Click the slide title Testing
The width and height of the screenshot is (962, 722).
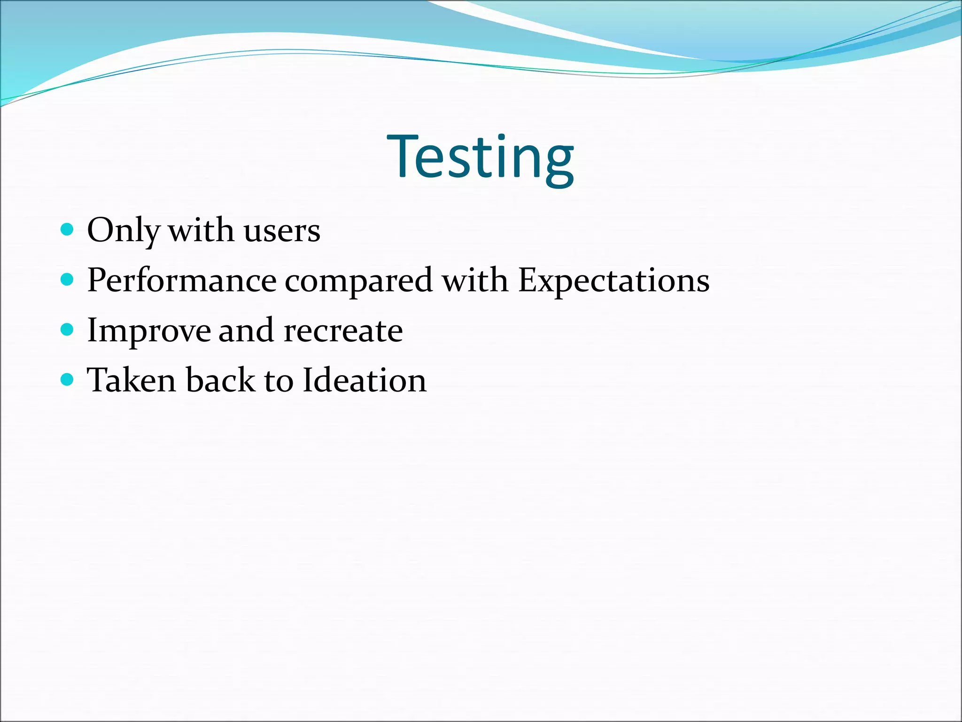(480, 157)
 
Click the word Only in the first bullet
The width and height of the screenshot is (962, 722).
(123, 231)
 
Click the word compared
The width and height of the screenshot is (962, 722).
(358, 281)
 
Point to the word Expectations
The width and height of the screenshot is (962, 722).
(613, 281)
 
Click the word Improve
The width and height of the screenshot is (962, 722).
(148, 331)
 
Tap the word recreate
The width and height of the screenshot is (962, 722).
(343, 331)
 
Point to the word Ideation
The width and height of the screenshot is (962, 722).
(365, 380)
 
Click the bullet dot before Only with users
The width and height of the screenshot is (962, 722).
(68, 229)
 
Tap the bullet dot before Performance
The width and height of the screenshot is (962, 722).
(68, 280)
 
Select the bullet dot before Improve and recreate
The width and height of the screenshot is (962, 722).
(68, 330)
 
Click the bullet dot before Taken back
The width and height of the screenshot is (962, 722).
(68, 379)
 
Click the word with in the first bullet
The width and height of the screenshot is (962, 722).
(201, 231)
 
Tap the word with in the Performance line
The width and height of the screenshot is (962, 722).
(475, 281)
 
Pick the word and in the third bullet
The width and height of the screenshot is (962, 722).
(246, 331)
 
